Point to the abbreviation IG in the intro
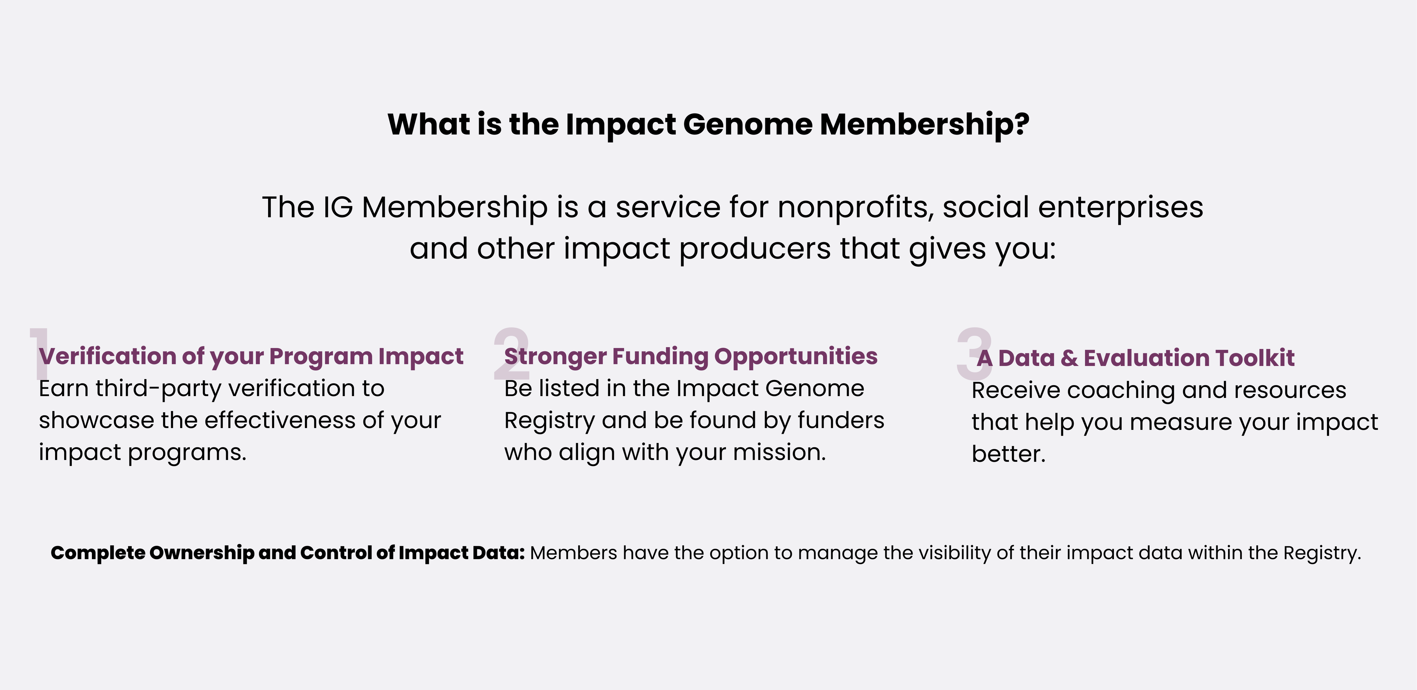[338, 208]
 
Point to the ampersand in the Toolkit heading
[1069, 358]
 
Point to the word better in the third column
[1007, 454]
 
